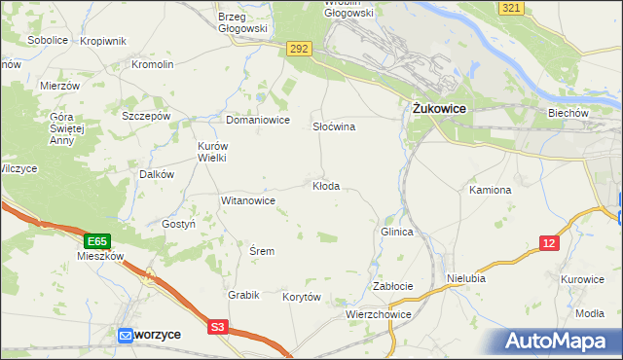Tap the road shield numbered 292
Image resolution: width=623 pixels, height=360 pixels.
tap(299, 47)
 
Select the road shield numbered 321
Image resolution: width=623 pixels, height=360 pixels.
tap(512, 8)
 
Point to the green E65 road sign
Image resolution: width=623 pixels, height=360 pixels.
tap(96, 240)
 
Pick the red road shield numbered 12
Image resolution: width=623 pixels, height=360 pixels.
tap(550, 242)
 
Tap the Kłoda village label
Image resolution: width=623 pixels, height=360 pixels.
tap(325, 186)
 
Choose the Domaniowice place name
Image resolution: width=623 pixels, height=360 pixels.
tap(258, 121)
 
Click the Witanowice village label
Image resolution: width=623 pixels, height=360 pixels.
tap(248, 200)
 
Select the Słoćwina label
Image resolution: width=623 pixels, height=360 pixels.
tap(333, 127)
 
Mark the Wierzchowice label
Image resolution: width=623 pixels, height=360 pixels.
tap(379, 315)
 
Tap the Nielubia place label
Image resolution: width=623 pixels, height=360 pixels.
tap(466, 278)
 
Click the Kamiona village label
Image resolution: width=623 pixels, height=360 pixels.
tap(490, 190)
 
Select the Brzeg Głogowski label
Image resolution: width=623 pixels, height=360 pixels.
tap(242, 22)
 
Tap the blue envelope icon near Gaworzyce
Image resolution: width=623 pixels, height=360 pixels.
tap(126, 335)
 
